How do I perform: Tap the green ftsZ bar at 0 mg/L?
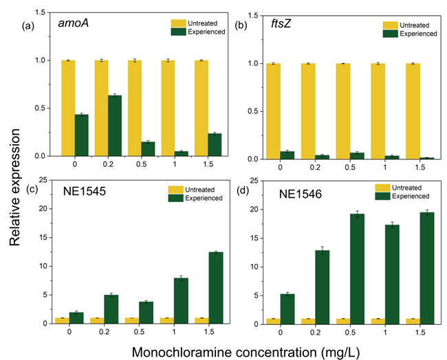[287, 155]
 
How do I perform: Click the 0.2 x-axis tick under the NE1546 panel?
[314, 332]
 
